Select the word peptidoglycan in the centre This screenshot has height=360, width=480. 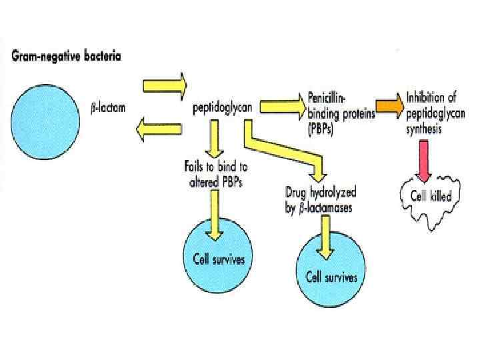click(218, 107)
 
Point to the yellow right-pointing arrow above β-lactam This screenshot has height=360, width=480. click(165, 85)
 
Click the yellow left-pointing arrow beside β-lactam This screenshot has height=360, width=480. click(159, 131)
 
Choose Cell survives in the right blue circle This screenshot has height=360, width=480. click(331, 277)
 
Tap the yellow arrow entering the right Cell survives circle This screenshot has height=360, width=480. click(325, 237)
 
